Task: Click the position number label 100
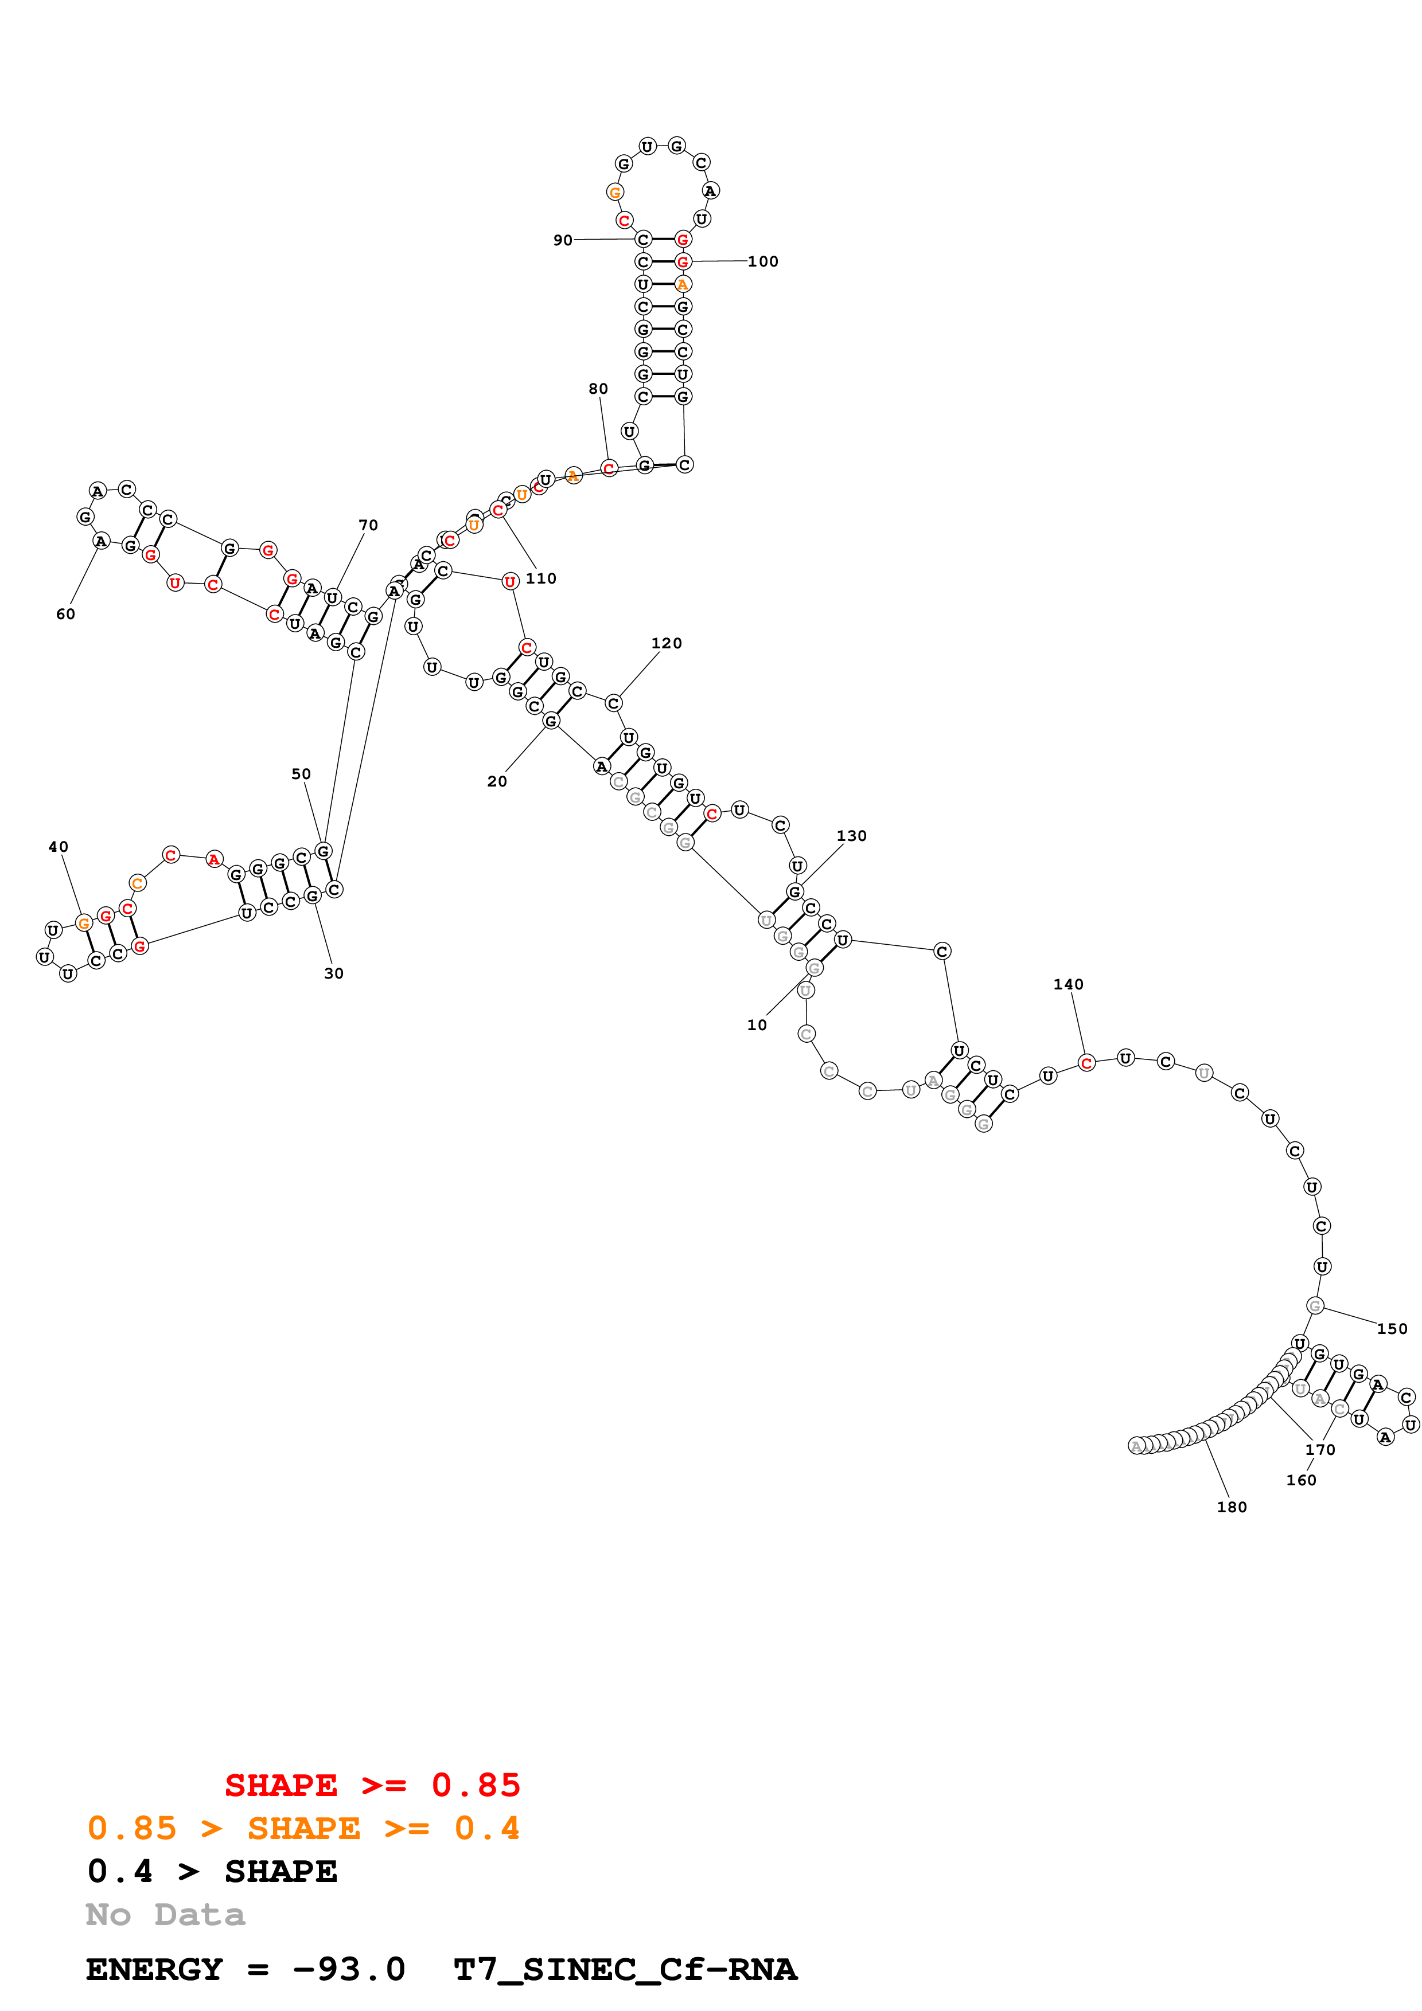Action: click(762, 261)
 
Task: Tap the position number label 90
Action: click(563, 240)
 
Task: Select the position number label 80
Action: click(598, 389)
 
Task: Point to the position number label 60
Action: click(66, 614)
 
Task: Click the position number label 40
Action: click(58, 847)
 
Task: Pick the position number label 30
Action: click(334, 973)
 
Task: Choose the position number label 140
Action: click(1068, 984)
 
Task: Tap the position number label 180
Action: click(1232, 1507)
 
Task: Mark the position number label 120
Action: click(666, 643)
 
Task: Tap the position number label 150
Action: click(1392, 1329)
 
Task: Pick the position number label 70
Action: click(368, 526)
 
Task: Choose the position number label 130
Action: click(851, 836)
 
